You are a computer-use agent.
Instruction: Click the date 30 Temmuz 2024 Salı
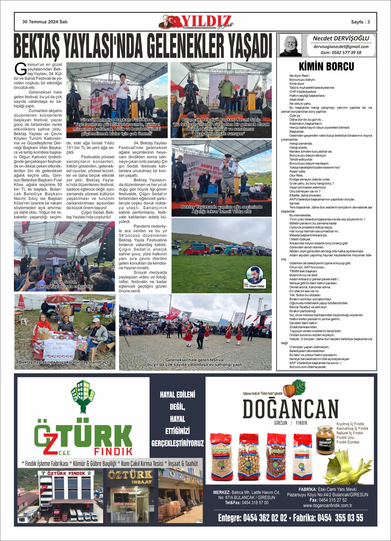point(45,22)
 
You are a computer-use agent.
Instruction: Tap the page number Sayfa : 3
point(360,22)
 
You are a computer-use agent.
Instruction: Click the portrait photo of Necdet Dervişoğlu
point(290,45)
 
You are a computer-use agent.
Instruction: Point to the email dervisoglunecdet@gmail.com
point(341,46)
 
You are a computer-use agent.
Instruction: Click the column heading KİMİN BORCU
point(326,67)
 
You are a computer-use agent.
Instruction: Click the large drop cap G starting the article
point(21,69)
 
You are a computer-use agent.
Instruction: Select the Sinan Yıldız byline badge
point(254,277)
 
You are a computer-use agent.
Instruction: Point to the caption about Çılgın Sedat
point(64,284)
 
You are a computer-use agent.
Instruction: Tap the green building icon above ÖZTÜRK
point(83,396)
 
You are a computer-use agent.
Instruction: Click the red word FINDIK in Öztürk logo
point(113,451)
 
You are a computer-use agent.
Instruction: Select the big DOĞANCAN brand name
point(290,409)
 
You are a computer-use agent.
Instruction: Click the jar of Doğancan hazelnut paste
point(325,440)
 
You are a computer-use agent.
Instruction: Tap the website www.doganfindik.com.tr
point(327,505)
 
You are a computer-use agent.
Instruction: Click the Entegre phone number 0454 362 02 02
point(265,518)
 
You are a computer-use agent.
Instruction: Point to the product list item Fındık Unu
point(345,437)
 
